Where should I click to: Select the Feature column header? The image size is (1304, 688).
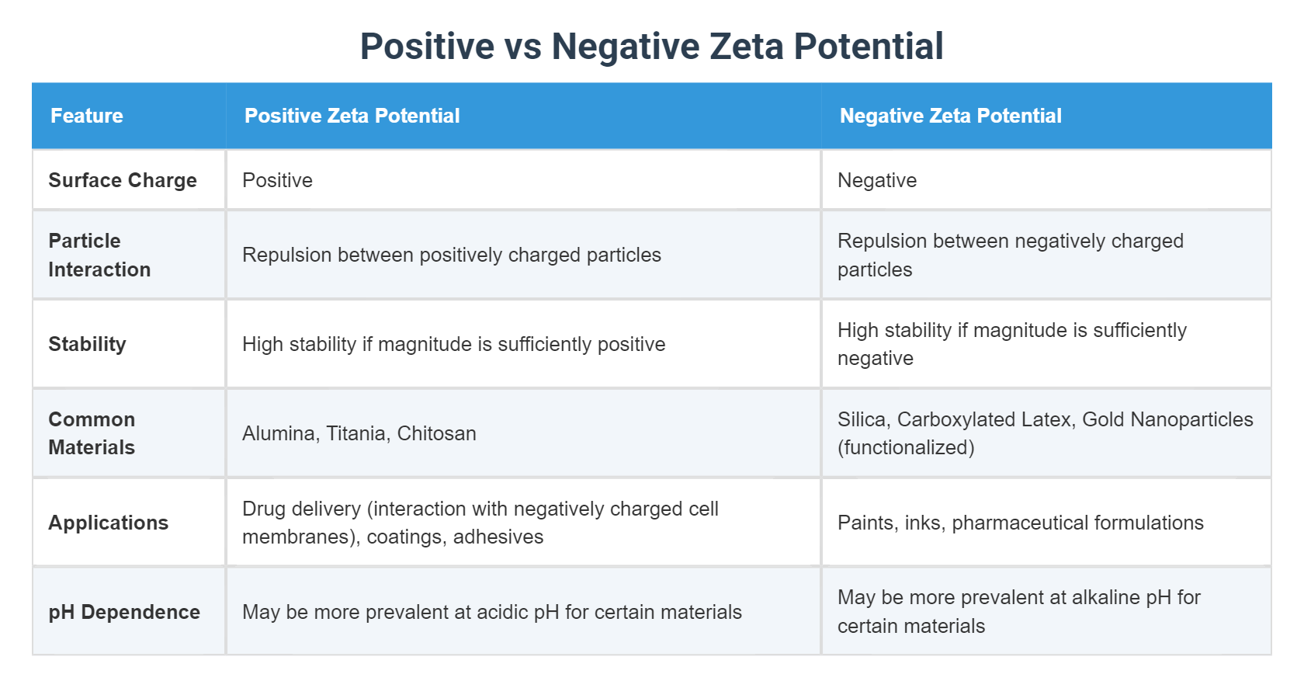pos(87,116)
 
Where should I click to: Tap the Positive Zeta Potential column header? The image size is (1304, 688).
pos(352,116)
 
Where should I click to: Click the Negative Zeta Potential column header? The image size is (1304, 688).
pos(950,116)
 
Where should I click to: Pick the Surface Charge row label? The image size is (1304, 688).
pos(123,180)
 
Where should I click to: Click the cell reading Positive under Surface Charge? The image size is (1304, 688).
pos(277,180)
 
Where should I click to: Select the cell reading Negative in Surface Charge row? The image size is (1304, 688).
pos(876,180)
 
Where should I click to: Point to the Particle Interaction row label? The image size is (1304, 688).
pos(99,255)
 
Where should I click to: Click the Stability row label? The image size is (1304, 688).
pos(87,344)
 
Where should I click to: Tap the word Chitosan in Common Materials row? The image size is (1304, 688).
pos(436,433)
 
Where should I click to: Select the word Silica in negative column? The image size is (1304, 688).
pos(862,419)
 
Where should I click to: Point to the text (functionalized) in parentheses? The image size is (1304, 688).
pos(905,447)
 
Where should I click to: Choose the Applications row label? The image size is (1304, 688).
pos(108,523)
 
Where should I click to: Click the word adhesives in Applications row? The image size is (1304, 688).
pos(498,537)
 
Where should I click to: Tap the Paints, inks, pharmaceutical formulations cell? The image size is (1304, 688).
pos(1020,523)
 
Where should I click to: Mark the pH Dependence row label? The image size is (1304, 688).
pos(124,612)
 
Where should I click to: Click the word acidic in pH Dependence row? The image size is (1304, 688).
pos(502,612)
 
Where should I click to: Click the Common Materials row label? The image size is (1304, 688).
pos(92,433)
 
